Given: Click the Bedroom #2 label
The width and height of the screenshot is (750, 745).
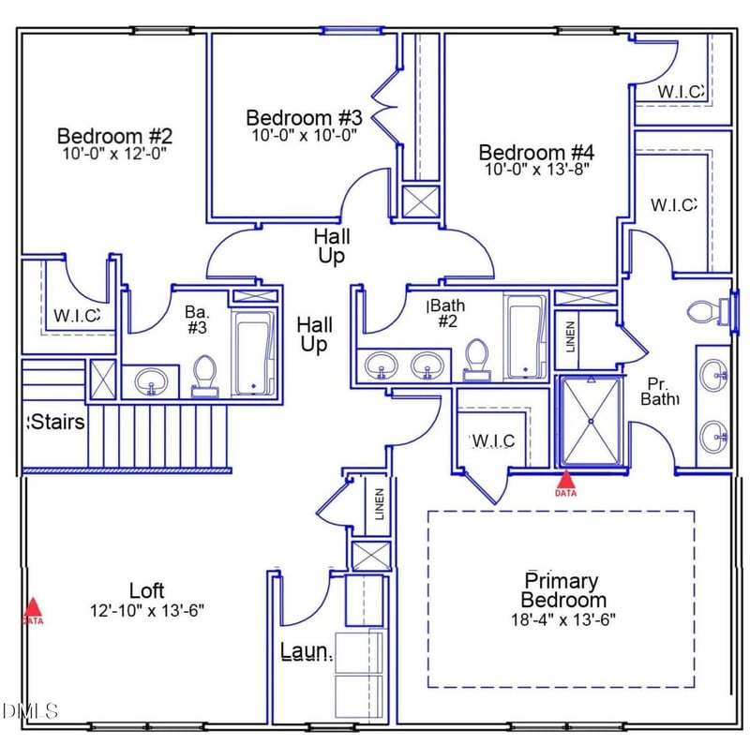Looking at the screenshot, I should click(114, 135).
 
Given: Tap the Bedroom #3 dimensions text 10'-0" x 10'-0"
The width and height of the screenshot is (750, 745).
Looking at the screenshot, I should click(304, 134).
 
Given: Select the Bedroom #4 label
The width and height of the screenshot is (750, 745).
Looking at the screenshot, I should click(536, 152).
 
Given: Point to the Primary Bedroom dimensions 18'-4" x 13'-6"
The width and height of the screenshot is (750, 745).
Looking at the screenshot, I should click(562, 618).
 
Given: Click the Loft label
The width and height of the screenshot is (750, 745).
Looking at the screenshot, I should click(146, 590).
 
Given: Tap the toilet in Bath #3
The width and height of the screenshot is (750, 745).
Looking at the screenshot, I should click(203, 377).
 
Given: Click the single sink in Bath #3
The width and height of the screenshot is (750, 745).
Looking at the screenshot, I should click(151, 381).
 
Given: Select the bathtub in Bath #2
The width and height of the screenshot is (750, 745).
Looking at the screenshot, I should click(526, 337).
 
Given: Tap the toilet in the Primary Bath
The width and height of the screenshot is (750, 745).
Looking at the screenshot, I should click(711, 310).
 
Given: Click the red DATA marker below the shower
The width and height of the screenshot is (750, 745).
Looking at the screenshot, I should click(565, 484).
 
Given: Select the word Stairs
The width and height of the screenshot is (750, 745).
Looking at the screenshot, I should click(58, 423).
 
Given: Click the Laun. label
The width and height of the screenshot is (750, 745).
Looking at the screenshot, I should click(307, 651).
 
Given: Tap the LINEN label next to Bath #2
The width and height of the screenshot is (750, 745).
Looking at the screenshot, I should click(571, 337).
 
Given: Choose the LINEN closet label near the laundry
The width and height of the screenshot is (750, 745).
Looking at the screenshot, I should click(379, 504).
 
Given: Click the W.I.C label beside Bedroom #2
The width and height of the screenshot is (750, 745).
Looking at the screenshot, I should click(75, 316).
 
